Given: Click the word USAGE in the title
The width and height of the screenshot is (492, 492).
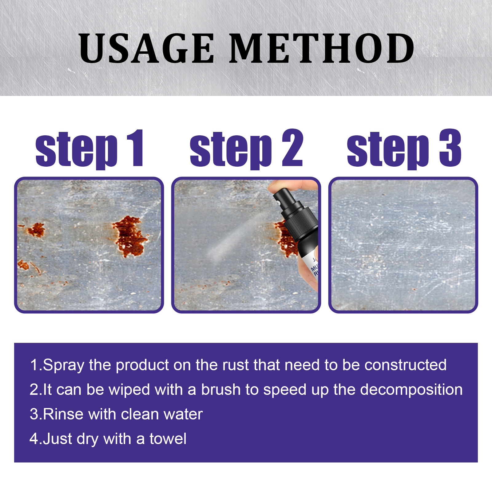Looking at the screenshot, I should point(146,49).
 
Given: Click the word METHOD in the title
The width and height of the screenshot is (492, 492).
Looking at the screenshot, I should point(321,49).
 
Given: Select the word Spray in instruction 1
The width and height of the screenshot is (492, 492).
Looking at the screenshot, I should point(63,365).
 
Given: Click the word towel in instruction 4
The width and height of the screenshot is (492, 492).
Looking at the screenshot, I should point(168,439).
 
